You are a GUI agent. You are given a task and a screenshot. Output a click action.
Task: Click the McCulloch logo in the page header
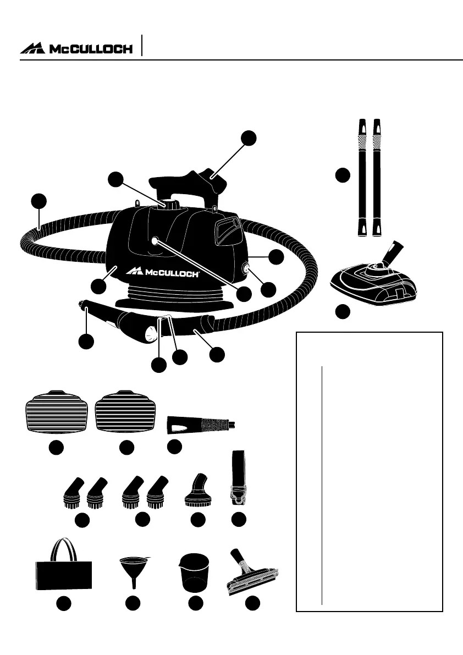76,48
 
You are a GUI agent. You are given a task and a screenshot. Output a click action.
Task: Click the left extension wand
362,177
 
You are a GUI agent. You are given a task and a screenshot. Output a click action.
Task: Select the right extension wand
378,177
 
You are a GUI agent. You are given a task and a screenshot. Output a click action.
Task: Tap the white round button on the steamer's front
155,240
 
